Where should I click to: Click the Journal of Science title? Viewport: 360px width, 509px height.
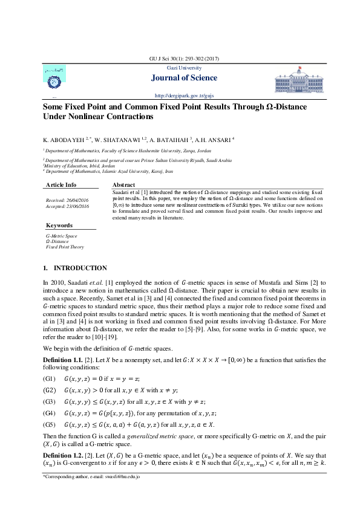pyautogui.click(x=180, y=77)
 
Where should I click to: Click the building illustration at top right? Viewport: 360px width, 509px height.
pyautogui.click(x=301, y=80)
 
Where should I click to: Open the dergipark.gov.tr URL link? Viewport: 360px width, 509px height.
pyautogui.click(x=180, y=96)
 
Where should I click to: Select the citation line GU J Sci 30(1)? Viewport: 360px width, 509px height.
pyautogui.click(x=180, y=59)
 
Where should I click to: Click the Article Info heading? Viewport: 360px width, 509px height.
pyautogui.click(x=61, y=184)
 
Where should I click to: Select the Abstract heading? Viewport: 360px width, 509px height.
pyautogui.click(x=123, y=184)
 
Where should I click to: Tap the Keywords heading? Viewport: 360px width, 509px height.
pyautogui.click(x=59, y=225)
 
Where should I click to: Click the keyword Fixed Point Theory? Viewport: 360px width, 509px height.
pyautogui.click(x=65, y=247)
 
